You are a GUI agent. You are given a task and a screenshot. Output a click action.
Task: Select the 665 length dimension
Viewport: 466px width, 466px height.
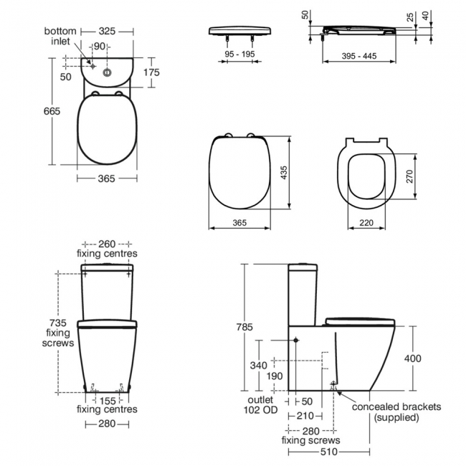[x=51, y=111]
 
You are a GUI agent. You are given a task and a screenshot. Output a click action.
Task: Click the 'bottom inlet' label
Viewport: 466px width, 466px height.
[x=61, y=37]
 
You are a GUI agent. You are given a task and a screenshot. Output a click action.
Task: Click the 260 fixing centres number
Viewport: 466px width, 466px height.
[x=107, y=243]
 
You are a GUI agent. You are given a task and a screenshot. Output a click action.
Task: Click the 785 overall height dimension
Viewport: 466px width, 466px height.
[x=244, y=327]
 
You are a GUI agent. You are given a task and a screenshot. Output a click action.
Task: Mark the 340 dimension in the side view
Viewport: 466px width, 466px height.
[x=257, y=366]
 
